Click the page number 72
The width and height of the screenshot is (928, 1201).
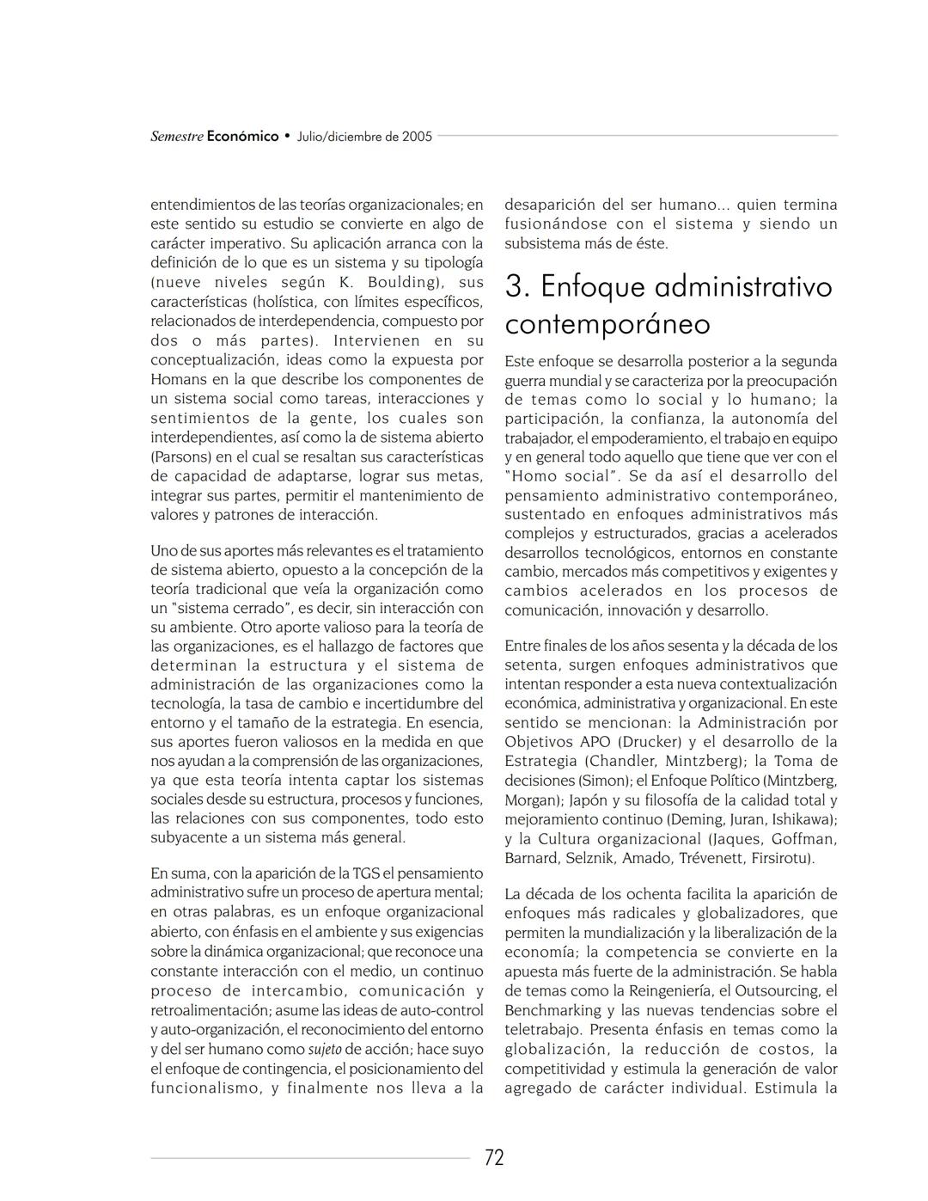pyautogui.click(x=494, y=1157)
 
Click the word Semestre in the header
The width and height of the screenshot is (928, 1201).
pyautogui.click(x=177, y=136)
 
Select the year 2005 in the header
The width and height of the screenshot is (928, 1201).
pyautogui.click(x=417, y=136)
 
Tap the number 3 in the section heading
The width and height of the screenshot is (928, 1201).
pyautogui.click(x=514, y=286)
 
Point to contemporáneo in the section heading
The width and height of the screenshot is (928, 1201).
pyautogui.click(x=607, y=324)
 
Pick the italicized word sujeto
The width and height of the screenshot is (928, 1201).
pyautogui.click(x=325, y=1049)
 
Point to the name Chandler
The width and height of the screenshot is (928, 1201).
pyautogui.click(x=622, y=761)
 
